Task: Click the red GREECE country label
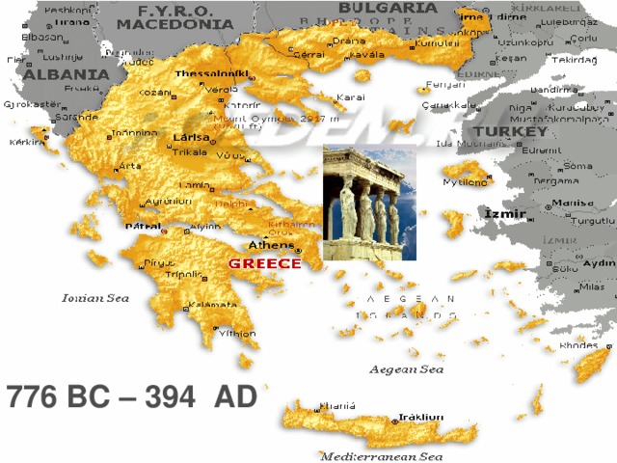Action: tap(265, 262)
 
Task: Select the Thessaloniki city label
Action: tap(211, 73)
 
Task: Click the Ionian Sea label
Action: tap(95, 298)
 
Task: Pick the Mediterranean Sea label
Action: tap(381, 455)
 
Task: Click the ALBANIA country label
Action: tap(67, 73)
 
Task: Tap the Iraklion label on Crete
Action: tap(421, 417)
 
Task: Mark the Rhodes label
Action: tap(578, 344)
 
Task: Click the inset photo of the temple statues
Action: tap(370, 204)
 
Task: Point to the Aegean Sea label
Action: tap(407, 369)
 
